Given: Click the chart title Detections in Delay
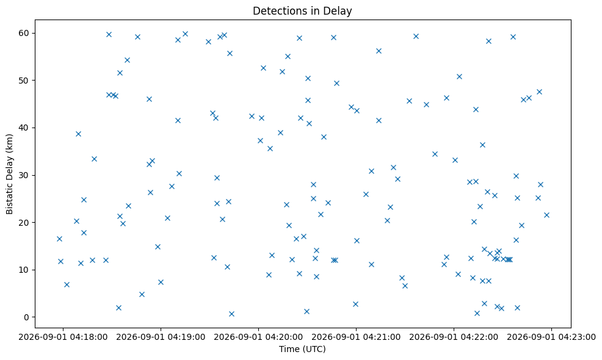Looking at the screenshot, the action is click(x=302, y=11).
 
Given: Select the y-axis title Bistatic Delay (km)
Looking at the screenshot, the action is click(x=9, y=174).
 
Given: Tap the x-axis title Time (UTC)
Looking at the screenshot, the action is click(x=302, y=349).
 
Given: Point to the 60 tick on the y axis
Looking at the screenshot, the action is click(x=24, y=33).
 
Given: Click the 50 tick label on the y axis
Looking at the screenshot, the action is click(x=24, y=80).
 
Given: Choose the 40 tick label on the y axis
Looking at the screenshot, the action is click(x=24, y=128).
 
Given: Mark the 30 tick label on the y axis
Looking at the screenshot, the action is click(x=24, y=175).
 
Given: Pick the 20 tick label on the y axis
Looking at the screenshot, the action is click(x=24, y=222).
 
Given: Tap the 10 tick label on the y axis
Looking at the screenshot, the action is click(x=24, y=270).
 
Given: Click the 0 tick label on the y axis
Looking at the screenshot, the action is click(x=26, y=317).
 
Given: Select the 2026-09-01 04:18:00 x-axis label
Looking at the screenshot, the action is click(x=63, y=337).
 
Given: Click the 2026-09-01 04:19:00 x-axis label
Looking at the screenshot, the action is click(x=161, y=337).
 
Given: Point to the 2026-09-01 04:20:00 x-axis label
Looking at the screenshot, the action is click(x=258, y=337).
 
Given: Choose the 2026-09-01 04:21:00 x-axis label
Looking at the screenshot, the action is click(x=357, y=337).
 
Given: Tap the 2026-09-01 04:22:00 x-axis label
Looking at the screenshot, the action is click(x=454, y=337).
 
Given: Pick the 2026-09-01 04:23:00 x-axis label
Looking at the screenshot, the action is click(x=552, y=337).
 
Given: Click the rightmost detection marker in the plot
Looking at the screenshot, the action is click(x=546, y=215).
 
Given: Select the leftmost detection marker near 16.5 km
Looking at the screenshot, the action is click(x=59, y=239).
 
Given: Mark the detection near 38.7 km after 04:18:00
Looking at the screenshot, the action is click(x=78, y=134).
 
